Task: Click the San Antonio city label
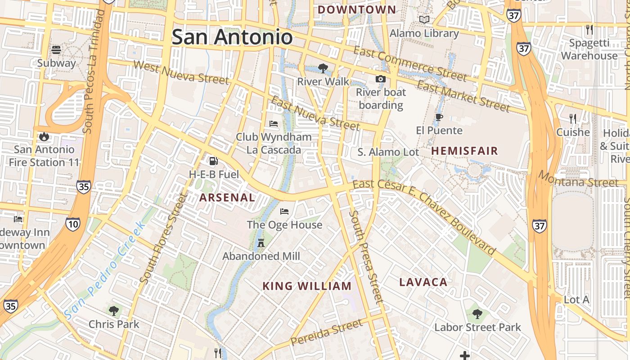point(232,37)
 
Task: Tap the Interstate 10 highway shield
point(72,224)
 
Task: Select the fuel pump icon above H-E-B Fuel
point(213,161)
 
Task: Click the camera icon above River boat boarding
point(381,79)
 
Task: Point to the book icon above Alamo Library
point(424,20)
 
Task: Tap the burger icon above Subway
point(56,49)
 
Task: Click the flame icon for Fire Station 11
point(44,136)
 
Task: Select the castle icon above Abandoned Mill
point(261,243)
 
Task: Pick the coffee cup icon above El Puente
point(439,117)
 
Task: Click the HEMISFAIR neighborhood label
point(464,151)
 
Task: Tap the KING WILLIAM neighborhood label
point(307,286)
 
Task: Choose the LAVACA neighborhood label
point(423,283)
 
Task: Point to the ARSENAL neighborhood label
point(227,198)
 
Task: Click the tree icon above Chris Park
point(113,310)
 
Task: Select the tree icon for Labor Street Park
point(477,314)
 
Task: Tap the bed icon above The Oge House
point(284,211)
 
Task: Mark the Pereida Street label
point(326,332)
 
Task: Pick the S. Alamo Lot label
point(388,152)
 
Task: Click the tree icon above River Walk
point(323,68)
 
